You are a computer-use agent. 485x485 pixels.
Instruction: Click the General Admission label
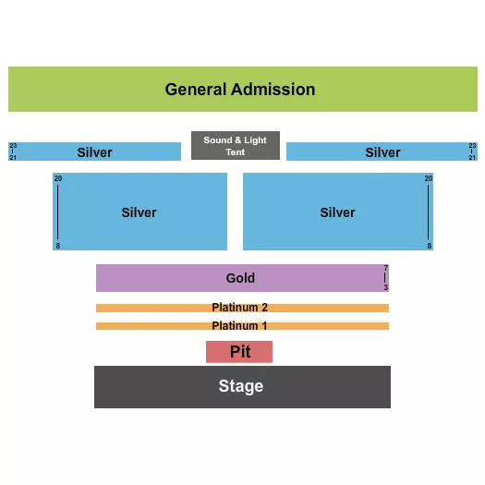pyautogui.click(x=240, y=90)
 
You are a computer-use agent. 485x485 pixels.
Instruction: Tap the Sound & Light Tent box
pyautogui.click(x=235, y=146)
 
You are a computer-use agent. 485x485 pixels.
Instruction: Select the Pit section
pyautogui.click(x=239, y=352)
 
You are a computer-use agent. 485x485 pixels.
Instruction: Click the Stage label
pyautogui.click(x=241, y=386)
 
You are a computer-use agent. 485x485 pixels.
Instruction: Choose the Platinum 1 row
pyautogui.click(x=242, y=326)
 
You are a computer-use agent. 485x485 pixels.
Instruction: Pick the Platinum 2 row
pyautogui.click(x=242, y=308)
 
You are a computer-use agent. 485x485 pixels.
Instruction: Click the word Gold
pyautogui.click(x=240, y=278)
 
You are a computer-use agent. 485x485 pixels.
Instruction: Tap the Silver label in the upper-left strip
pyautogui.click(x=94, y=152)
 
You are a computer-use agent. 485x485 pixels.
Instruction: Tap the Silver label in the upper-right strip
pyautogui.click(x=382, y=152)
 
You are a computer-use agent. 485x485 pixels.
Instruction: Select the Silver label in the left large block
pyautogui.click(x=139, y=212)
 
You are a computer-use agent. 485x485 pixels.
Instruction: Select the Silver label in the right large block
pyautogui.click(x=337, y=212)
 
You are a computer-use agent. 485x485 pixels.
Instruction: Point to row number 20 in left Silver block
pyautogui.click(x=57, y=178)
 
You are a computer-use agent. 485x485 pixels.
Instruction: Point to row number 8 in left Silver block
pyautogui.click(x=57, y=246)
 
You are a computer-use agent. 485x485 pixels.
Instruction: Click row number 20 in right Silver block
pyautogui.click(x=429, y=178)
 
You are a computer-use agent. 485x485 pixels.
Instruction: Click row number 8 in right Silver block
pyautogui.click(x=429, y=246)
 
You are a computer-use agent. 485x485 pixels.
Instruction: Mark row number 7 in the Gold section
pyautogui.click(x=386, y=269)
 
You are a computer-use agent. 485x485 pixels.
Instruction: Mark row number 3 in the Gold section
pyautogui.click(x=386, y=287)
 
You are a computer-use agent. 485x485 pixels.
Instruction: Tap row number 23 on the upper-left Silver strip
pyautogui.click(x=13, y=146)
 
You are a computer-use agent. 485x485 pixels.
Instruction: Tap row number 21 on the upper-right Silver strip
pyautogui.click(x=473, y=158)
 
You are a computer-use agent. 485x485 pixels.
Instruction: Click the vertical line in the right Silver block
pyautogui.click(x=429, y=212)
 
